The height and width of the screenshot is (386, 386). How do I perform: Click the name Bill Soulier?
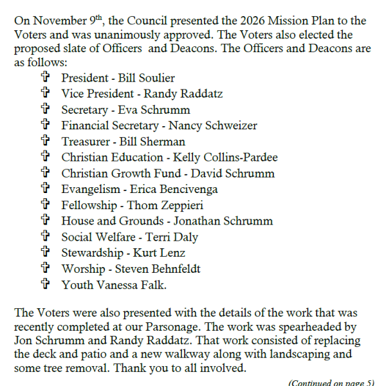(147, 78)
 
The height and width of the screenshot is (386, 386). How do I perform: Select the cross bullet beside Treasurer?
(45, 142)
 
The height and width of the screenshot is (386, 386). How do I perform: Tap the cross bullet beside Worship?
(45, 268)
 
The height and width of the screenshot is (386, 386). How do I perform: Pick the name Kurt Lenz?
(161, 253)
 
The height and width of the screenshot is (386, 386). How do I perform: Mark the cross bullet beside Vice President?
(45, 94)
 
